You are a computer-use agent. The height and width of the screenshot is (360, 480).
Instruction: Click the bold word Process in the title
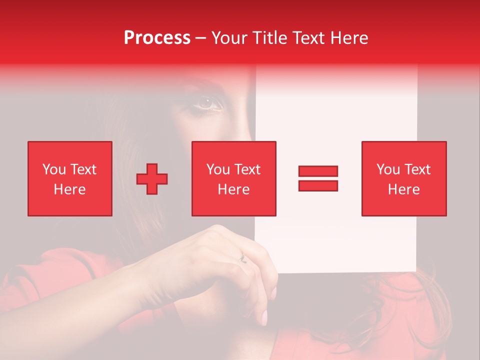(157, 38)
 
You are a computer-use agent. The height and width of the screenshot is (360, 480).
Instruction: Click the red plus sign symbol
(152, 178)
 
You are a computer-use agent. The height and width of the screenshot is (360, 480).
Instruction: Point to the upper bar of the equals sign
(318, 171)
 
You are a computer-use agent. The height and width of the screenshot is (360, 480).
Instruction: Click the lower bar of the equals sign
(318, 185)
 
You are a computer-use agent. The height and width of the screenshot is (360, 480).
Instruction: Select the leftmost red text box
(70, 178)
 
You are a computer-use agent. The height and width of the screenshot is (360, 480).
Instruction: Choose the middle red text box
(234, 178)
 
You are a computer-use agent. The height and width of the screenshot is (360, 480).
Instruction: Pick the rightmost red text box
(404, 178)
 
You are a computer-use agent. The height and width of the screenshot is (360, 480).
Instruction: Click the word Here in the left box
(69, 189)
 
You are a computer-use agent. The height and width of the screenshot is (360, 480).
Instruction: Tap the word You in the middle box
(218, 169)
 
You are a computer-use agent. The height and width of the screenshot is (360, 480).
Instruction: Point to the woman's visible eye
(209, 103)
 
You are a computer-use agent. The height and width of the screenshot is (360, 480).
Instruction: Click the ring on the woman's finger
(243, 258)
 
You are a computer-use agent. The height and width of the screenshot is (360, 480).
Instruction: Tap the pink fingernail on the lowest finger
(263, 316)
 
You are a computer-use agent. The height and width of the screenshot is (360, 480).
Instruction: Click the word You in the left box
(54, 169)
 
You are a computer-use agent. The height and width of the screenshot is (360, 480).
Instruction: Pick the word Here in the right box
(404, 189)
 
